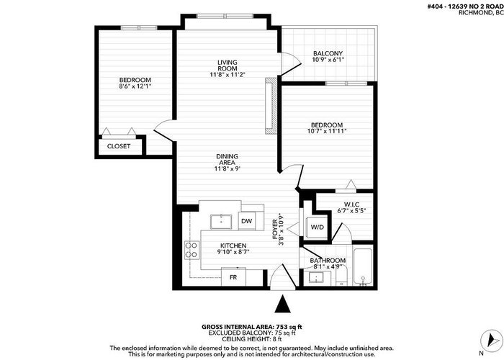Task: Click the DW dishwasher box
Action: (247, 221)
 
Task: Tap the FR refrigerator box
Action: (233, 276)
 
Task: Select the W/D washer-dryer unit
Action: (318, 228)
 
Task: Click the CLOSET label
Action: (119, 146)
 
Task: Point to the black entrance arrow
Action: (282, 304)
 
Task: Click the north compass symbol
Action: (491, 341)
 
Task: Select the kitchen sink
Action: (221, 222)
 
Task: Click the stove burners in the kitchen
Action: (192, 250)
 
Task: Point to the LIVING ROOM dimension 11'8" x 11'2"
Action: (228, 75)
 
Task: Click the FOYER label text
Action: (275, 229)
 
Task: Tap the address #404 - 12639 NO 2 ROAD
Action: (465, 6)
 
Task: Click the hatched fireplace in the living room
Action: (271, 106)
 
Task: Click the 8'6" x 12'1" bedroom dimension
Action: (135, 86)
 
